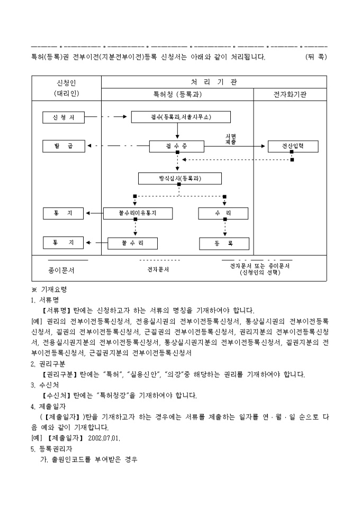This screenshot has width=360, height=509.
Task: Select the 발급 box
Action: [x=63, y=146]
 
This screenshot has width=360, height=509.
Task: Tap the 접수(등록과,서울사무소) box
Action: [x=181, y=117]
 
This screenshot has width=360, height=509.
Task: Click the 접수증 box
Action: [x=177, y=146]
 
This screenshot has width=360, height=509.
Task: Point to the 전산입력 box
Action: [x=293, y=146]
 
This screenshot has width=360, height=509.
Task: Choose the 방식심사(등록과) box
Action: [x=180, y=178]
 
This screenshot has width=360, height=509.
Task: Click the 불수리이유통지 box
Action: [x=138, y=213]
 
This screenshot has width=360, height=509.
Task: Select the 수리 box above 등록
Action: [x=223, y=213]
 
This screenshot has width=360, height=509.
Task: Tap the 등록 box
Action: [x=223, y=243]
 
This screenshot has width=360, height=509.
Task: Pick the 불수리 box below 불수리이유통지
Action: [x=132, y=243]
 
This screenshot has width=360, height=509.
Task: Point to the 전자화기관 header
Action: [x=290, y=94]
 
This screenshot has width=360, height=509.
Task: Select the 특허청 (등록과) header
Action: [x=177, y=94]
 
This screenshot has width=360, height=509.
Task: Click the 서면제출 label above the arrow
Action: [x=230, y=139]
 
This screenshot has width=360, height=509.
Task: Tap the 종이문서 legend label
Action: [x=61, y=270]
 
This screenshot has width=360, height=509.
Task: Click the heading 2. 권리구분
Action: [x=48, y=364]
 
